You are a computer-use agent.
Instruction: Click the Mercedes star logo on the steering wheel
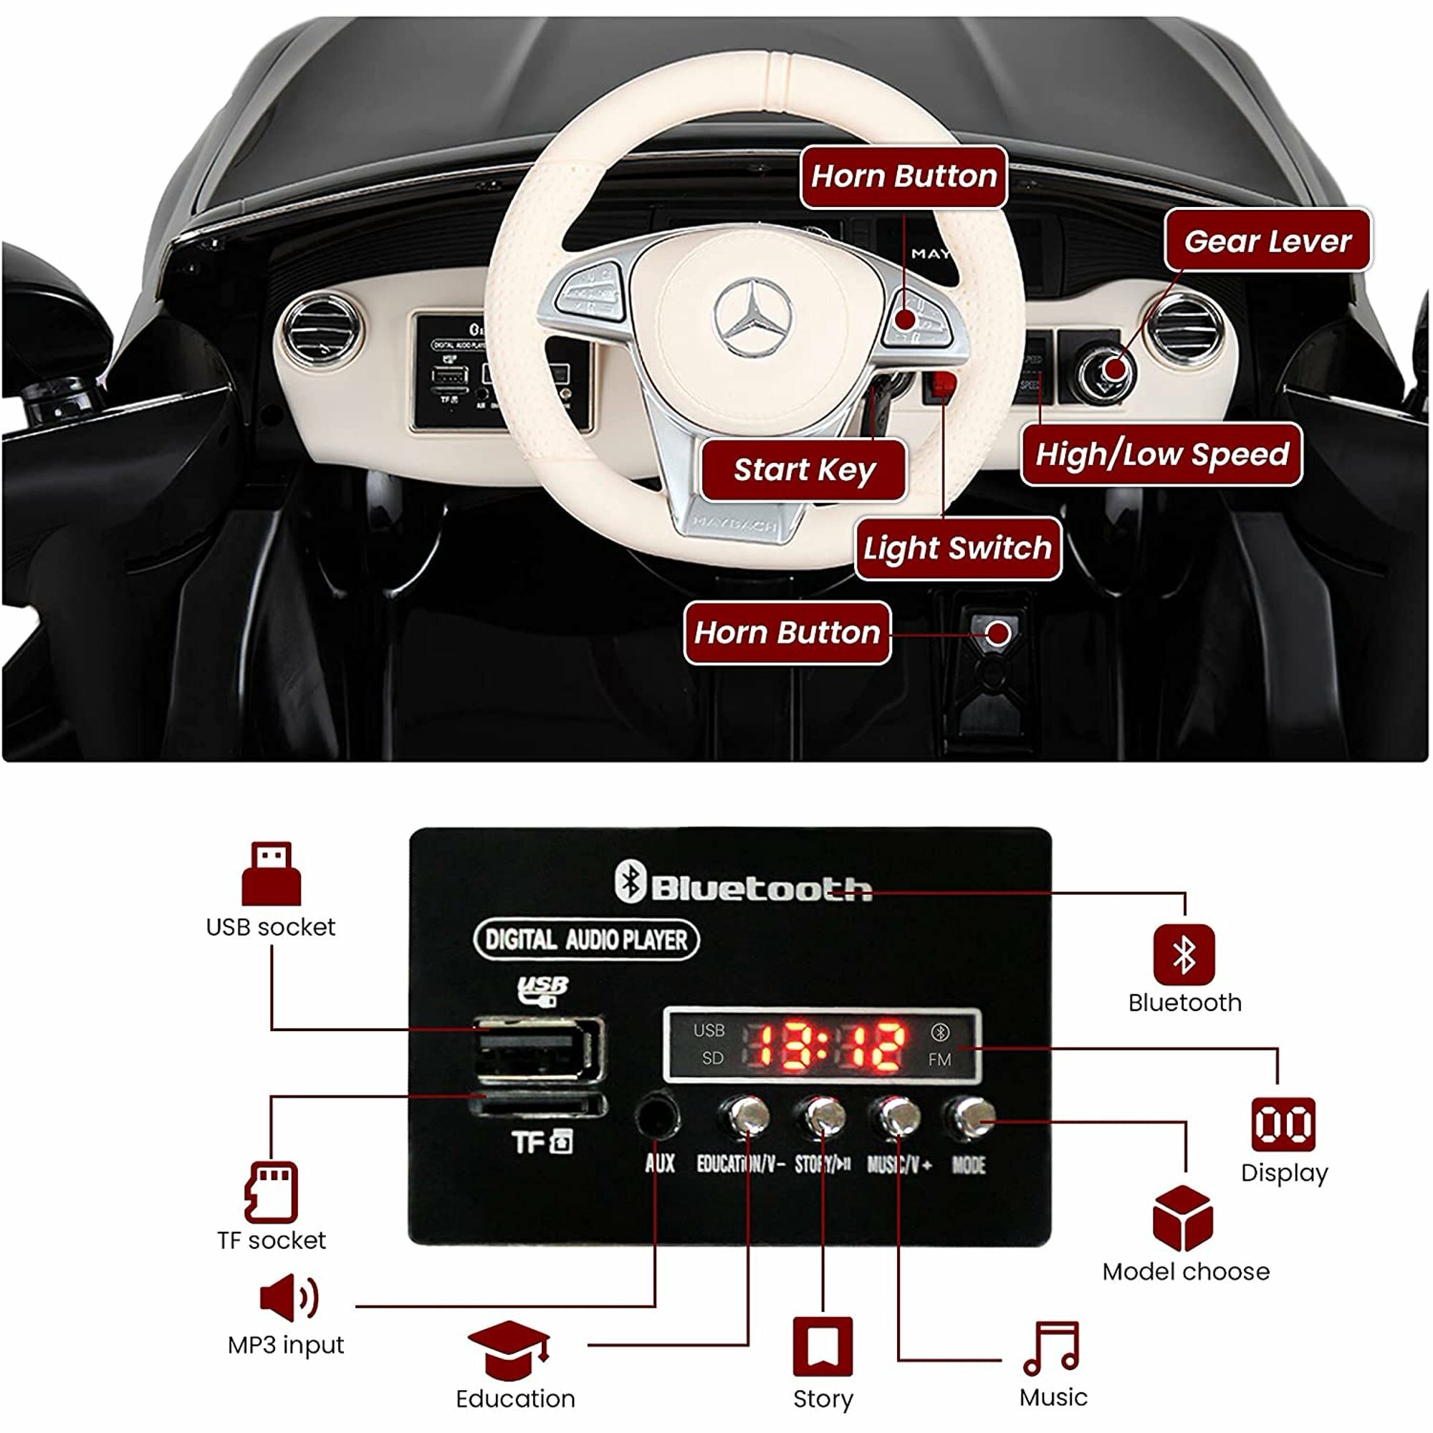[x=753, y=318]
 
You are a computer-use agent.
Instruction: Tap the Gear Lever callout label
[x=1267, y=240]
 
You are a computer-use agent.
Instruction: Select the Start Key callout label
[x=804, y=469]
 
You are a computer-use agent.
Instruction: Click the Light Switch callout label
[x=957, y=548]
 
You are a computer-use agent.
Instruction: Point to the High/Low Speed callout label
[x=1161, y=454]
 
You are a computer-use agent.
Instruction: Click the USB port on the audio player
[x=538, y=1049]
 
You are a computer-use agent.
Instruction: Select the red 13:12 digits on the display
[x=830, y=1046]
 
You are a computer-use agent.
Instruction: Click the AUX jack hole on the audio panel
[x=657, y=1116]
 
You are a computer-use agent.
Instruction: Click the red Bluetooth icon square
[x=1184, y=954]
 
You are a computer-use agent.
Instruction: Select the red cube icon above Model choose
[x=1183, y=1219]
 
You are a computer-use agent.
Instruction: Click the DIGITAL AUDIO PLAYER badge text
[x=586, y=941]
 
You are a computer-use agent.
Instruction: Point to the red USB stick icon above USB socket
[x=272, y=873]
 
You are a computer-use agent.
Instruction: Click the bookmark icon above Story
[x=823, y=1346]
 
